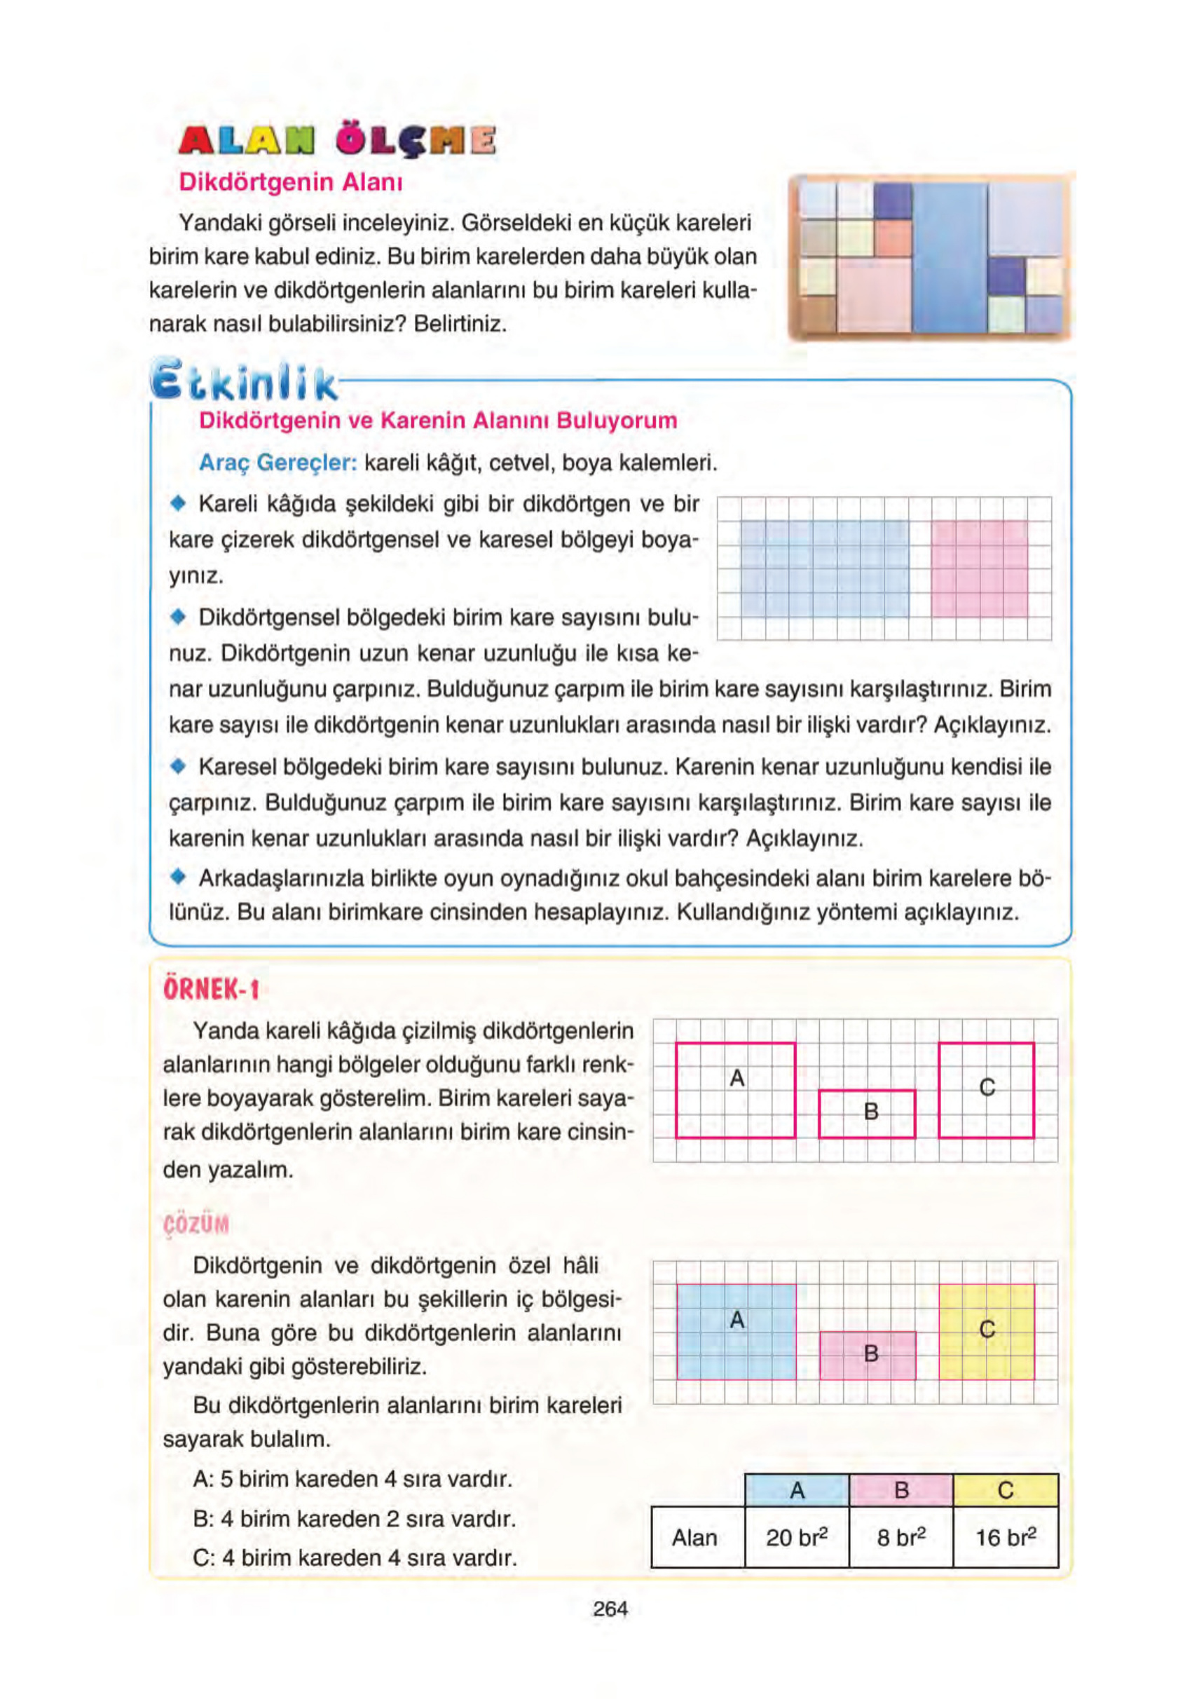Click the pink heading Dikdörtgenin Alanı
click(x=291, y=182)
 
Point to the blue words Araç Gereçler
click(x=278, y=463)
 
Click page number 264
click(x=610, y=1608)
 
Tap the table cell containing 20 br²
click(x=796, y=1537)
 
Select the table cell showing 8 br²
click(x=900, y=1537)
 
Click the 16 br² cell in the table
click(x=1005, y=1537)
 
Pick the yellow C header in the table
click(x=1005, y=1489)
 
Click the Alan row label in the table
click(x=694, y=1537)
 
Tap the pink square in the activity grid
click(x=978, y=568)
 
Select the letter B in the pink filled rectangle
click(x=870, y=1353)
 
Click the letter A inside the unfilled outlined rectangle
click(x=737, y=1078)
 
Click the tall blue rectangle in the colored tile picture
click(x=950, y=257)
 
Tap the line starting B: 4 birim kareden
click(x=355, y=1518)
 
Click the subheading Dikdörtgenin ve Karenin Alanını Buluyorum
click(x=438, y=421)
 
